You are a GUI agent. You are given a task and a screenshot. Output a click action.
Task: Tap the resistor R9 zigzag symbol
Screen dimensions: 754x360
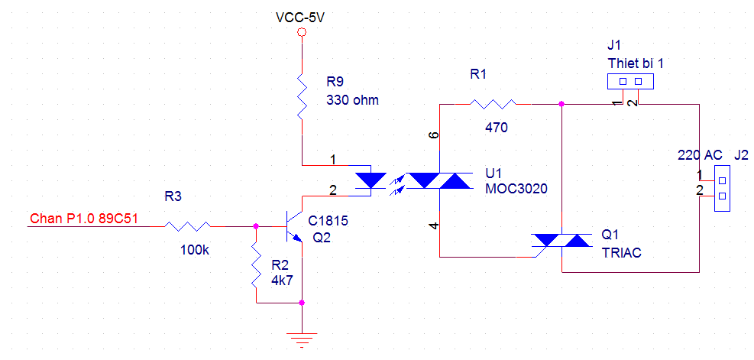tap(302, 96)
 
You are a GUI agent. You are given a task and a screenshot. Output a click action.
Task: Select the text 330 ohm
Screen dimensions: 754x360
tap(352, 100)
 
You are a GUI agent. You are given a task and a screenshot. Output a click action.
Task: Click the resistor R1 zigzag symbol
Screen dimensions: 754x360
tap(493, 103)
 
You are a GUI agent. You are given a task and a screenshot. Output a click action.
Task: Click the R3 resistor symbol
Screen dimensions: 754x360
tap(187, 225)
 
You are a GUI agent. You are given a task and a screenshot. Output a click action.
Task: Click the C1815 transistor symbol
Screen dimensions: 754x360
tap(293, 226)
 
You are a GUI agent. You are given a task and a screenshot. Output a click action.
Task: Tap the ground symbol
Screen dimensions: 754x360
tap(302, 340)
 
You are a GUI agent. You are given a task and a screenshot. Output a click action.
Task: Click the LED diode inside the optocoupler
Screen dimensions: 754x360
tap(371, 181)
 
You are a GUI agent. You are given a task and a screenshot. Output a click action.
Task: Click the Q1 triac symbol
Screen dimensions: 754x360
tap(561, 240)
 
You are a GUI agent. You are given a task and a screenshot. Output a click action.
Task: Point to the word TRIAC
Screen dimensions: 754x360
tap(622, 254)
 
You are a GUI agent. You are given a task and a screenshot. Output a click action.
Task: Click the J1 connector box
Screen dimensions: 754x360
tap(630, 81)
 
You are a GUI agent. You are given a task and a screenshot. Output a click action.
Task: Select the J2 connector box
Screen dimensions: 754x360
tap(722, 188)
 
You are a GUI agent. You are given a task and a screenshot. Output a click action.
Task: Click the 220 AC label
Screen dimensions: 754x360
tap(700, 155)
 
